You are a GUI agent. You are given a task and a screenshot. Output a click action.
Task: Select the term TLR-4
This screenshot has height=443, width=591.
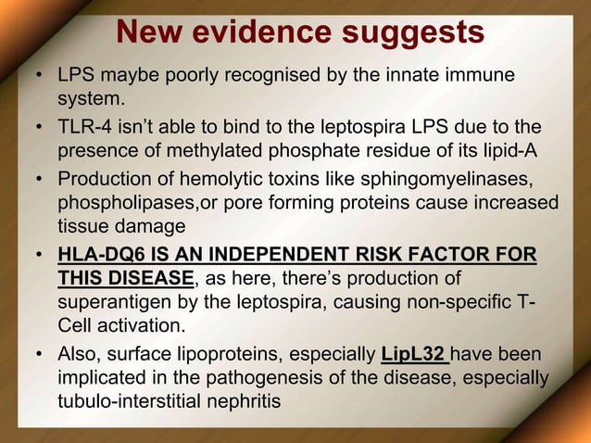pos(82,126)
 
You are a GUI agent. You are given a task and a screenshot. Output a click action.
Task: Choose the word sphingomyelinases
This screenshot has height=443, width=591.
pos(451,178)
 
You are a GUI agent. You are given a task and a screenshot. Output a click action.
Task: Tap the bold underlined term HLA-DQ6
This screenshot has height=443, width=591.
pos(99,256)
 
